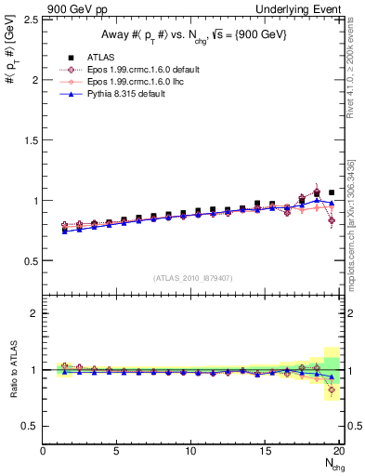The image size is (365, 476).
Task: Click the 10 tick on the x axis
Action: [191, 451]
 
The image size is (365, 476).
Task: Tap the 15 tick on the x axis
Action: [266, 451]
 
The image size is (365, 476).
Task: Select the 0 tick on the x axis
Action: [43, 451]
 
